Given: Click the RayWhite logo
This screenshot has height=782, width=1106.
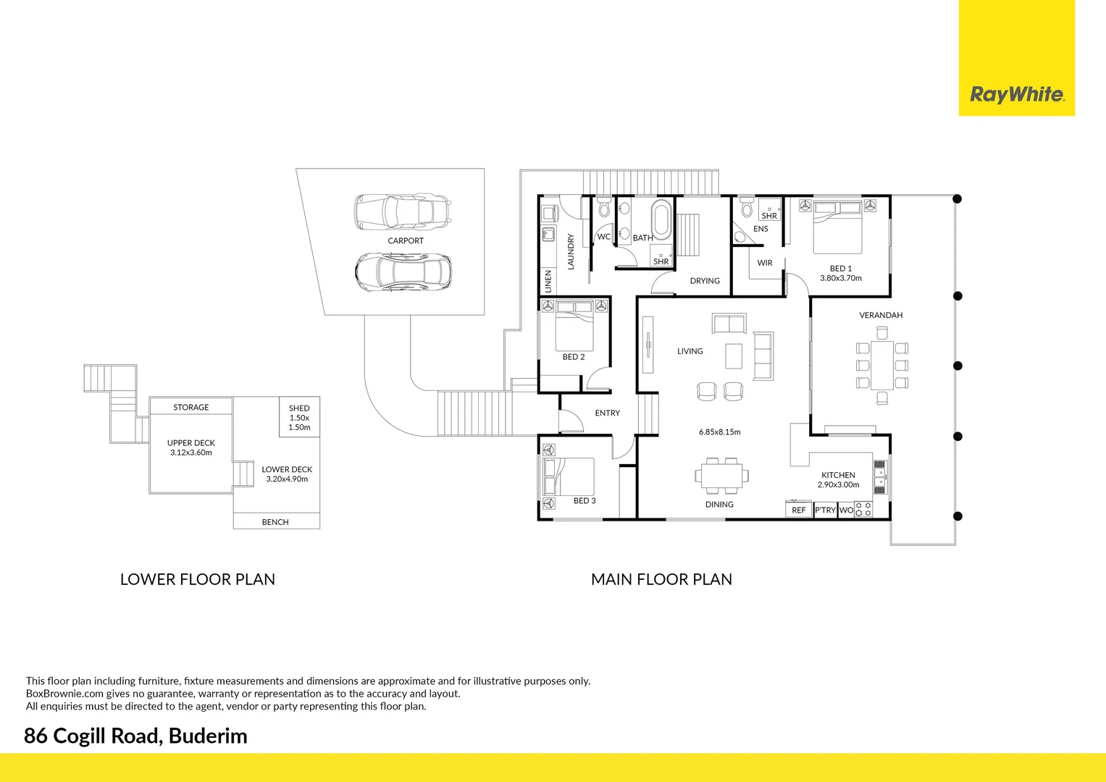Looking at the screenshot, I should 1016,94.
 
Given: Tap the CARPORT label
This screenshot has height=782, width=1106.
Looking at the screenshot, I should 406,240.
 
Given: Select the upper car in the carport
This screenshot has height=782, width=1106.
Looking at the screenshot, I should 402,211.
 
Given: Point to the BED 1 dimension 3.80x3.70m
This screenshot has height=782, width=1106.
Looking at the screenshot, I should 840,278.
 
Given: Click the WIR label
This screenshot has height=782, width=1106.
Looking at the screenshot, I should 765,263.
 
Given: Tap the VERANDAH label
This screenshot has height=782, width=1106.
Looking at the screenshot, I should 881,315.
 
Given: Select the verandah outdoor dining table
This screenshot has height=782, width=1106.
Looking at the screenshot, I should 881,365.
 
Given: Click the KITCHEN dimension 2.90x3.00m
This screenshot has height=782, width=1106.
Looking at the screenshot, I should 838,485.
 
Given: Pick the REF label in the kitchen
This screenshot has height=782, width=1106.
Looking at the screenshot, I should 798,510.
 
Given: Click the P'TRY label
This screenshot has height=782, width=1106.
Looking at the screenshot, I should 825,510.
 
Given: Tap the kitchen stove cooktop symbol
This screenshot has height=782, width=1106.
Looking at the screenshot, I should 863,510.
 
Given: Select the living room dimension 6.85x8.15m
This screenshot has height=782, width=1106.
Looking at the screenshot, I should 719,432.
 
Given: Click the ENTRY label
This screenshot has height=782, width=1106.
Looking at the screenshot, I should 607,413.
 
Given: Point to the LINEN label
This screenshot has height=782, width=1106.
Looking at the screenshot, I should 548,281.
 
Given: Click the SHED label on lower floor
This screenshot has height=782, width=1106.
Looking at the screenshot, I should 299,408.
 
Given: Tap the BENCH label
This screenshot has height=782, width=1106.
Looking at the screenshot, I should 275,522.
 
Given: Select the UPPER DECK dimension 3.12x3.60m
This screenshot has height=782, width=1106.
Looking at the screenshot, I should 191,453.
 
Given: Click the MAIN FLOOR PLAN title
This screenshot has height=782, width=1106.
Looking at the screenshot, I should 661,579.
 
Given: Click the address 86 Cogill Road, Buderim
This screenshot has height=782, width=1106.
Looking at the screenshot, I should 135,736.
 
